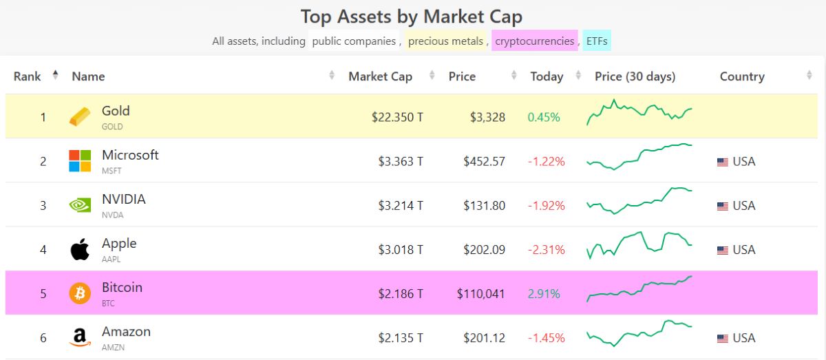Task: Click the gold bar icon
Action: [80, 117]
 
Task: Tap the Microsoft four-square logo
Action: [80, 161]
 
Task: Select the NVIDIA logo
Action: [80, 205]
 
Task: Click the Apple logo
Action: [80, 249]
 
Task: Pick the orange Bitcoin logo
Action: [80, 293]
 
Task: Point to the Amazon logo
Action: [80, 337]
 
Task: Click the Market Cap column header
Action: [380, 76]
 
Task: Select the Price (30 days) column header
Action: [635, 76]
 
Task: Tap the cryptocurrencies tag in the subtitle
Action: [534, 41]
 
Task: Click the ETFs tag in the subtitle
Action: [597, 41]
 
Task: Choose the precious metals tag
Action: [445, 41]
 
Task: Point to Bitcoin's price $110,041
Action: [480, 294]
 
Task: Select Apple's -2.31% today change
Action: [547, 250]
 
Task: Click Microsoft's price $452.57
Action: [484, 162]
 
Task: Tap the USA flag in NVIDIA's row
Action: [723, 206]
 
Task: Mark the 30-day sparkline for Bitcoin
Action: [639, 289]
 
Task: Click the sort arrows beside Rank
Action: [55, 76]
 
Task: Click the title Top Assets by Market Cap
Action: [412, 17]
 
